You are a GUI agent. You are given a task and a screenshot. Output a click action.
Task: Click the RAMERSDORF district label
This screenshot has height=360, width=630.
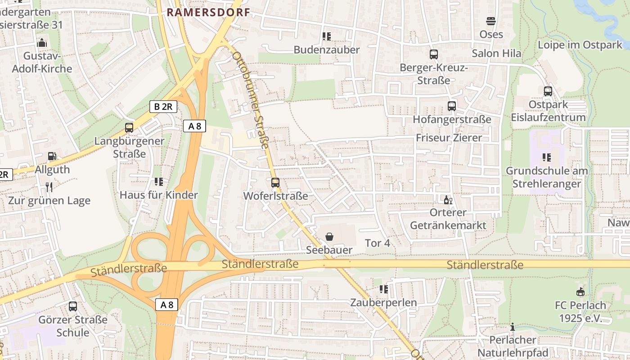208,12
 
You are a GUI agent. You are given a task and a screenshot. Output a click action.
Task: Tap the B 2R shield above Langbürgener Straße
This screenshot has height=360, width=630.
163,107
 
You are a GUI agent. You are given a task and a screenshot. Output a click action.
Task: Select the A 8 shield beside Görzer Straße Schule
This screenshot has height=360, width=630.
167,305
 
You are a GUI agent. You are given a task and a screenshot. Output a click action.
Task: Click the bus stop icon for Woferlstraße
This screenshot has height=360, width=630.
275,183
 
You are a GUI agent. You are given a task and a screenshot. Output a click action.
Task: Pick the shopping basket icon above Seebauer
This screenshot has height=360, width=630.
329,237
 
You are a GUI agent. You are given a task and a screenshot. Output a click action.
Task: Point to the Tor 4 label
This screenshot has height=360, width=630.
377,243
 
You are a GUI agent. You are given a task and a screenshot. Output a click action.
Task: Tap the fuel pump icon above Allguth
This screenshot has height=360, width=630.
52,156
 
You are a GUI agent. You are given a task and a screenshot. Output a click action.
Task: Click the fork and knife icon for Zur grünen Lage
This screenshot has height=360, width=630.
49,187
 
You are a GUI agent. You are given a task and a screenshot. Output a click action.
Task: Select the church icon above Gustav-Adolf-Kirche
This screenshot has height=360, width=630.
42,43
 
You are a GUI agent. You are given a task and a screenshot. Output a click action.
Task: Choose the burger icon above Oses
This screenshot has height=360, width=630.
490,21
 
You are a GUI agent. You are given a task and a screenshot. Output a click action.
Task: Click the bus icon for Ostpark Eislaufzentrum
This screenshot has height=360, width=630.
548,91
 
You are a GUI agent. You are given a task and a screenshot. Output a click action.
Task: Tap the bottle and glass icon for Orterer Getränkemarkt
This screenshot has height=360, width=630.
448,200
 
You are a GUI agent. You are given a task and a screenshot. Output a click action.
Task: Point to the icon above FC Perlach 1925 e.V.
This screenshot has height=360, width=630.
580,292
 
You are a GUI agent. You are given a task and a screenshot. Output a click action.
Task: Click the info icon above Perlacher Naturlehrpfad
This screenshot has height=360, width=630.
512,327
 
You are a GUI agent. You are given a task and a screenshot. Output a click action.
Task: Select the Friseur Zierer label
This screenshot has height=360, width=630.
449,138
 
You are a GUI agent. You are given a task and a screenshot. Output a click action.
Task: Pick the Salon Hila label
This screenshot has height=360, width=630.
496,53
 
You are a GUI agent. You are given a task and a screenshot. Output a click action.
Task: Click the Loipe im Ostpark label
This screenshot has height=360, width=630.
580,45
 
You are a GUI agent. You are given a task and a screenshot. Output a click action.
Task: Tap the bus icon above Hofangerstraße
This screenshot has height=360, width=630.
452,106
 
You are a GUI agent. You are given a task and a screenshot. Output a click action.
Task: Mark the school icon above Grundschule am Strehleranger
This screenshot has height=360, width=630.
547,157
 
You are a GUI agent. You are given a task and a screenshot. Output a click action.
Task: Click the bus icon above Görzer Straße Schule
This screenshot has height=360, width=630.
73,306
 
